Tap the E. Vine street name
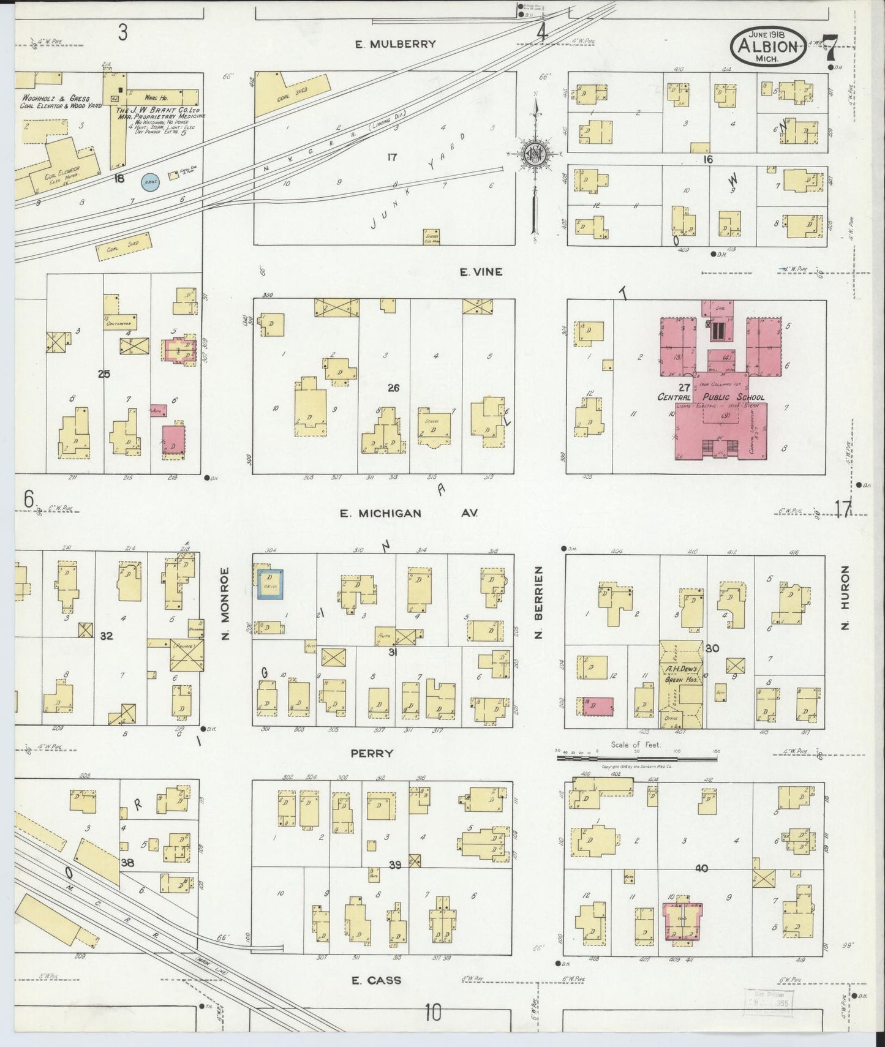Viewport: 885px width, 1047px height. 481,272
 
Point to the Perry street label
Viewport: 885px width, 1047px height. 372,754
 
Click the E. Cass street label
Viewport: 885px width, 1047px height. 376,980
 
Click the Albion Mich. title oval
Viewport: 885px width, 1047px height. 767,47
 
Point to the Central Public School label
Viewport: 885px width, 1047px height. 710,397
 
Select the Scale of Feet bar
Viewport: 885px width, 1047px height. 637,759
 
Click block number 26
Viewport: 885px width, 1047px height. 393,387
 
